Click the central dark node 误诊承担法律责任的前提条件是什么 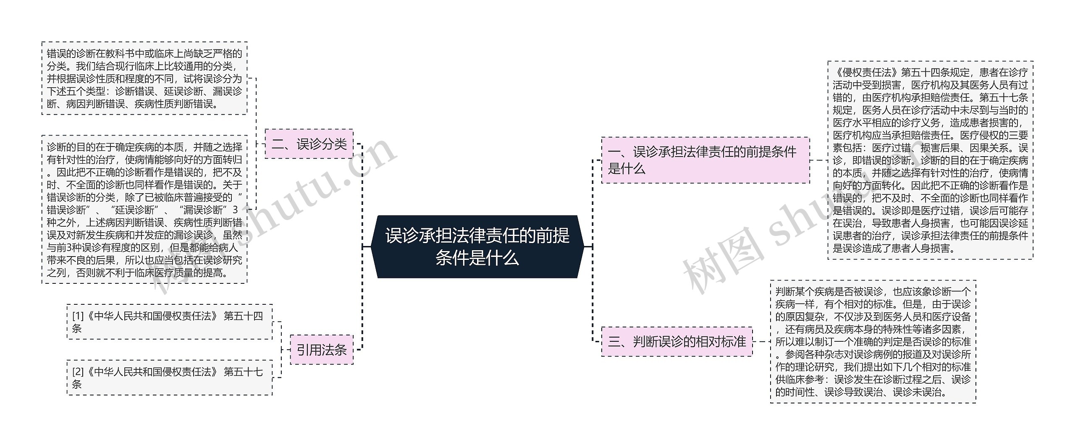click(477, 247)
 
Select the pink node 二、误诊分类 click(309, 144)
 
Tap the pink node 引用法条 click(322, 349)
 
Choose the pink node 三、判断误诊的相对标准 click(676, 342)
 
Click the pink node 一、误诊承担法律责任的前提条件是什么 click(705, 160)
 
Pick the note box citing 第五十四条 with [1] click(169, 322)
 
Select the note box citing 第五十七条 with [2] click(169, 377)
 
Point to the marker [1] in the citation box click(78, 316)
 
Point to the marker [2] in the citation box click(78, 372)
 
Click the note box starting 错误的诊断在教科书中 click(144, 78)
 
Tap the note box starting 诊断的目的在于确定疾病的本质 click(144, 209)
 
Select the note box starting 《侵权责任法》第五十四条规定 click(930, 160)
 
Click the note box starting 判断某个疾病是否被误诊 click(873, 342)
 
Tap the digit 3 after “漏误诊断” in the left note click(235, 210)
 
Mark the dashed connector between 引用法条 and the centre click(362, 302)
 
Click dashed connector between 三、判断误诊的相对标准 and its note click(761, 342)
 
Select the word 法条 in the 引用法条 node click(334, 349)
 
